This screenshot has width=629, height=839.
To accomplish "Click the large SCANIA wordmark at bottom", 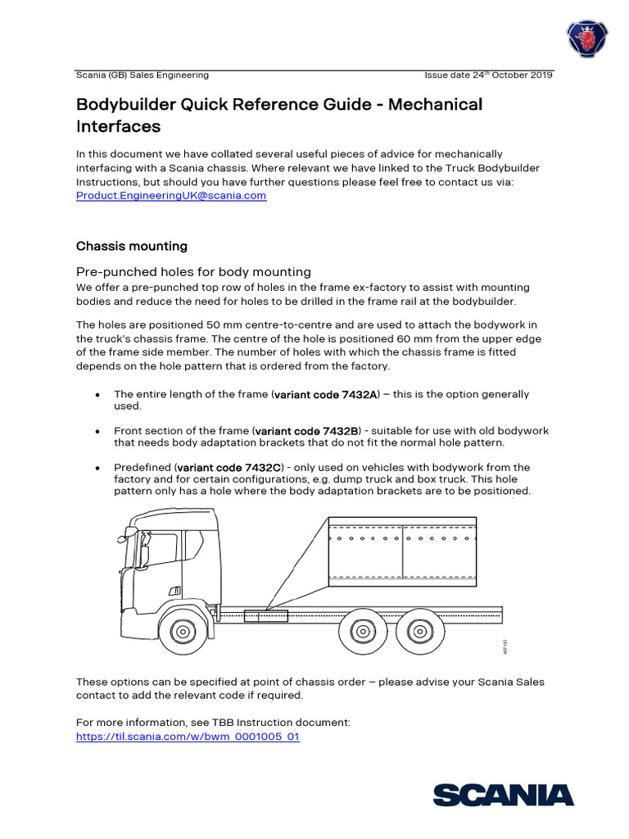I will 503,795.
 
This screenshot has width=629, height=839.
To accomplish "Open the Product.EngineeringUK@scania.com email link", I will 171,196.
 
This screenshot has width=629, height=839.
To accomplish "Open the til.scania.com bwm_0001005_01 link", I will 188,737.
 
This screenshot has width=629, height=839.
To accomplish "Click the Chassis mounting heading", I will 132,246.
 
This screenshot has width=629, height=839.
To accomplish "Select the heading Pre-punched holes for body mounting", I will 193,271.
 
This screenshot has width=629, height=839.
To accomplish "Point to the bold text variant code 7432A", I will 327,395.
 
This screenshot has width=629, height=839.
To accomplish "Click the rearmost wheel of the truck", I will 419,632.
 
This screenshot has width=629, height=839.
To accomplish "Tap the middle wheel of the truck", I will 361,632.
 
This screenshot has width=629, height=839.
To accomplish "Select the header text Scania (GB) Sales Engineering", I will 143,75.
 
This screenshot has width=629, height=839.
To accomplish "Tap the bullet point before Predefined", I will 97,468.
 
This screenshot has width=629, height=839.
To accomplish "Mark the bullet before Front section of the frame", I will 97,431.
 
